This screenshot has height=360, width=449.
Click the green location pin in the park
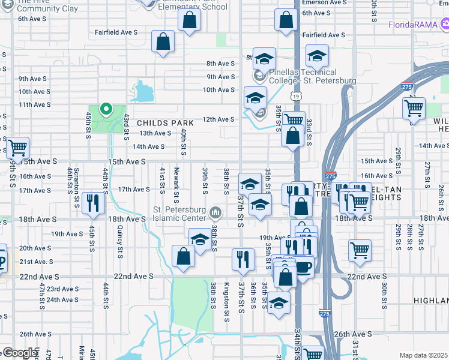[106, 109]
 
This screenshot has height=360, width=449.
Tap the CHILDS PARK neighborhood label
[157, 122]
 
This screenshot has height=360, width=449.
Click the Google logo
[20, 353]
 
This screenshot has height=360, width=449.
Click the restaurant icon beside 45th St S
[92, 203]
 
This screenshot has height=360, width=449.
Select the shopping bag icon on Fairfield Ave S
[163, 43]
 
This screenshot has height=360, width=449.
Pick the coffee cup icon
[303, 266]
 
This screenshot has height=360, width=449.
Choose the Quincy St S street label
[119, 242]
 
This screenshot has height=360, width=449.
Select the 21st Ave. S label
[36, 262]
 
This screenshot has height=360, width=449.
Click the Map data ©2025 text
[424, 355]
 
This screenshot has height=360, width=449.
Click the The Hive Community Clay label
[43, 5]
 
